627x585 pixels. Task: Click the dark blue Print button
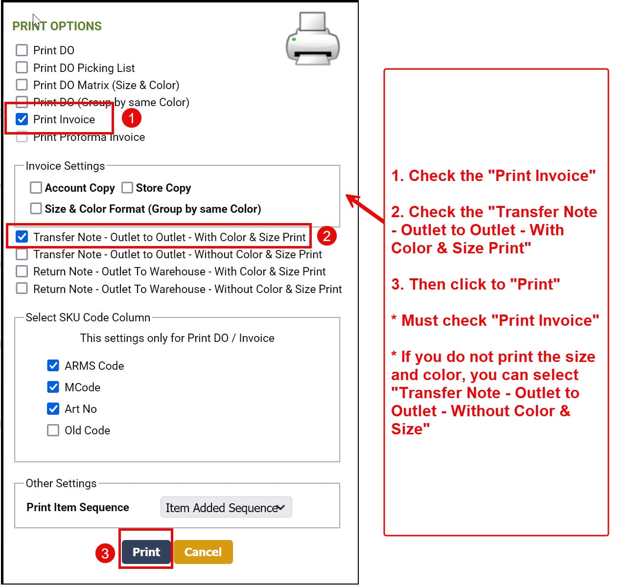146,552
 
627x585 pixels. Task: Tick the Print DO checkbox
22,50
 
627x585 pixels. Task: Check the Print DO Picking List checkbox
22,67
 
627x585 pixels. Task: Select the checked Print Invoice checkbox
22,119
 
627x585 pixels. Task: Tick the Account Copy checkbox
36,187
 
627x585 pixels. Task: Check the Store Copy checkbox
127,187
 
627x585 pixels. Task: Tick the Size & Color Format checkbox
36,208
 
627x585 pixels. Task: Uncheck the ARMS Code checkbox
53,365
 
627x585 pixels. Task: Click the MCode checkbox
53,386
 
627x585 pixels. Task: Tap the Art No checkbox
53,408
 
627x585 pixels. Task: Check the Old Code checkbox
53,430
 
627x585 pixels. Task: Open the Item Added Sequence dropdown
226,507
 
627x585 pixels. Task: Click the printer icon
313,39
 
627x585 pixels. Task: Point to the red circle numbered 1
131,118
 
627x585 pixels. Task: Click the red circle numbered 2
327,236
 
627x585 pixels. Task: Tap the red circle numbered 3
105,553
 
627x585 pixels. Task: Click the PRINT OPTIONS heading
57,26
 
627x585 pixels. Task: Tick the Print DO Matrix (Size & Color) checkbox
22,85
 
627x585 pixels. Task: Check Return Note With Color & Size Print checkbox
22,271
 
